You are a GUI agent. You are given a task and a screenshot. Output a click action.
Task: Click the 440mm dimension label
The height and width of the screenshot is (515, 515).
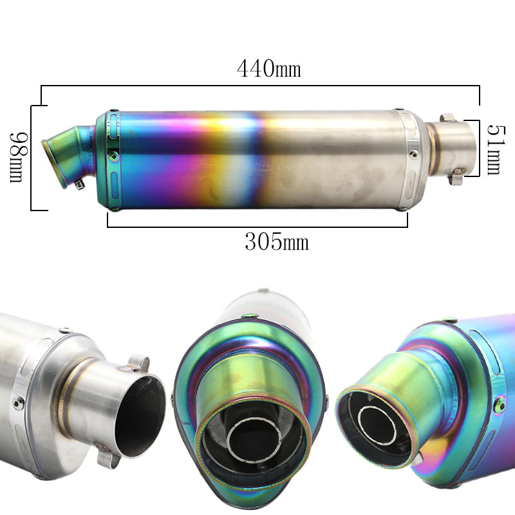click(x=268, y=69)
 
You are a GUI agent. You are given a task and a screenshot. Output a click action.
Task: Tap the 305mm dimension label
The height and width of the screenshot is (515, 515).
click(x=277, y=242)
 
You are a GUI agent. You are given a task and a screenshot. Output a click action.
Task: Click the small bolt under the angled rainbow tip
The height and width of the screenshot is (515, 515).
click(x=79, y=184)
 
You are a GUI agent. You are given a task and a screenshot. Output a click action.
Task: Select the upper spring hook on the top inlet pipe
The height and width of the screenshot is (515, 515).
click(x=447, y=118)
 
